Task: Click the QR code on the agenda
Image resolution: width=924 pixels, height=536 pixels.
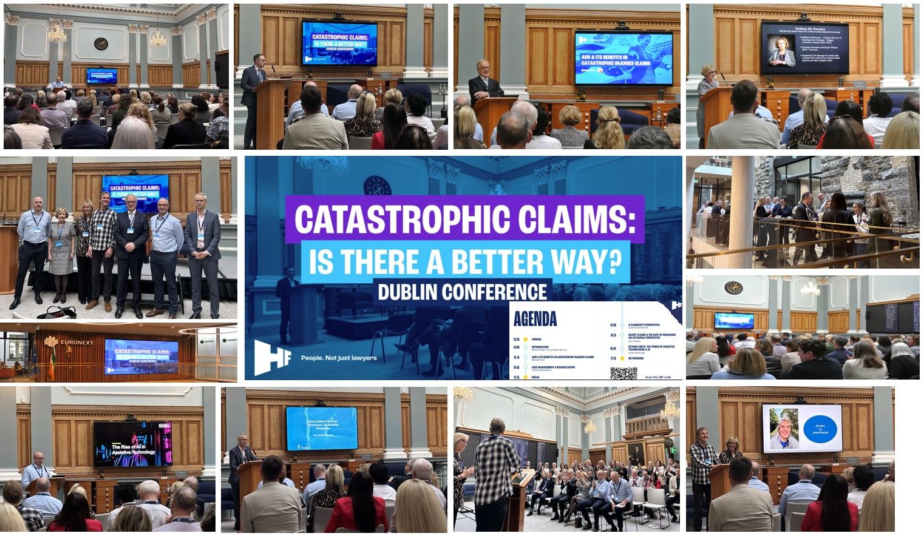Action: (619, 373)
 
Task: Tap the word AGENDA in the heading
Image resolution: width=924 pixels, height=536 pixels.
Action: (535, 319)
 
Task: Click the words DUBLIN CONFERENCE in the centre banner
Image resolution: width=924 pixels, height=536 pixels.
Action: (462, 292)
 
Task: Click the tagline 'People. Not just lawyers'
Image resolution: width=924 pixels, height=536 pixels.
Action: (339, 358)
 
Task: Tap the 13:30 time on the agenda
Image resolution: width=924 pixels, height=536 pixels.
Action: (517, 340)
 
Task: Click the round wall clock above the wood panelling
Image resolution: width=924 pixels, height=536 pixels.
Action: (101, 44)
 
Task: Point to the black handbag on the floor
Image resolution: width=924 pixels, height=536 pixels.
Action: (57, 313)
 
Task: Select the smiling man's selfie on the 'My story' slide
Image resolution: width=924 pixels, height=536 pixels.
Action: (784, 429)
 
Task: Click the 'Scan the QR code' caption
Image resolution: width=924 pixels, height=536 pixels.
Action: (657, 377)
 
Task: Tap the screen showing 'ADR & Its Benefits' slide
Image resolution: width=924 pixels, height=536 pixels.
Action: (623, 58)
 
